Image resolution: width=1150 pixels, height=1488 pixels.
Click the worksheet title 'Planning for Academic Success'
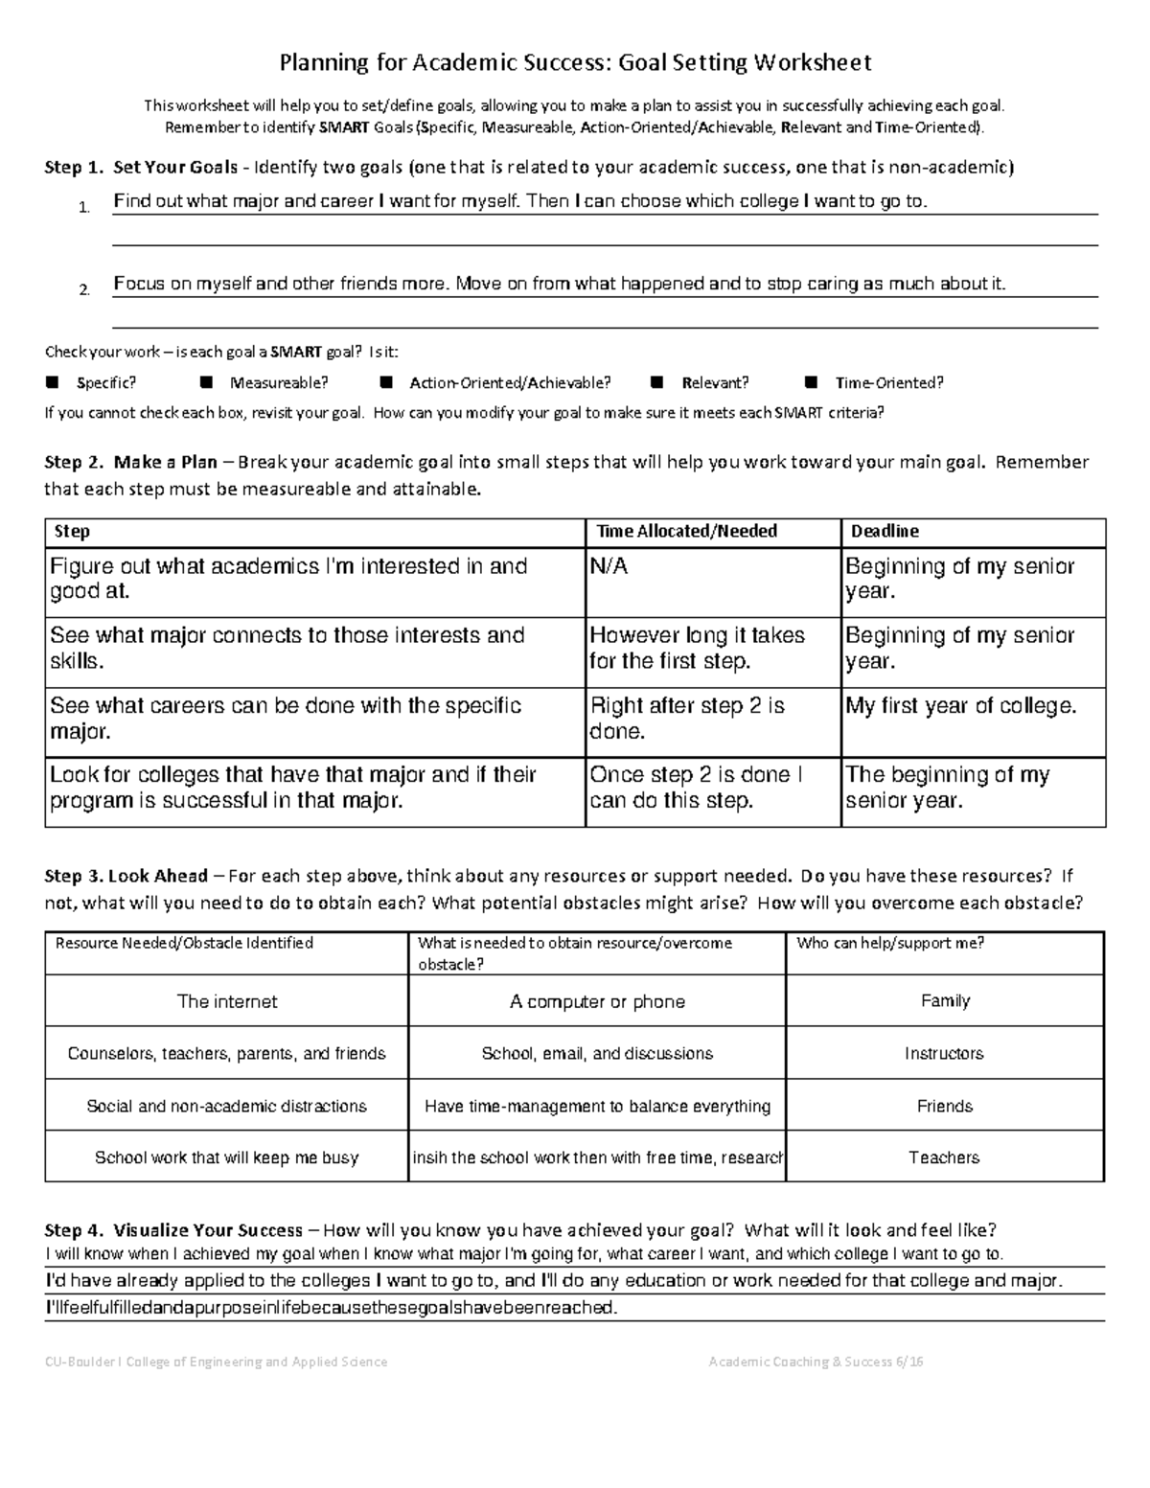click(x=574, y=63)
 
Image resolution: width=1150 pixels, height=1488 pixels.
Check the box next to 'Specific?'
click(x=53, y=383)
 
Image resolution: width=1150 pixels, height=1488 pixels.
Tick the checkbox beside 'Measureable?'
click(x=206, y=383)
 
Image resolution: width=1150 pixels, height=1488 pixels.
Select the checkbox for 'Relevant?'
click(x=656, y=383)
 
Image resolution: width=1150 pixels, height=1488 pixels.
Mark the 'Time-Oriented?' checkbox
click(x=811, y=383)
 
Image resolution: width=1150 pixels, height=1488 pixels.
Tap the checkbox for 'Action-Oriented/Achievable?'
click(x=386, y=383)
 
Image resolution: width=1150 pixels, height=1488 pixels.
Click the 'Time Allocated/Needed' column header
click(x=686, y=532)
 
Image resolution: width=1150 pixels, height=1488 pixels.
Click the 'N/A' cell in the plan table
click(x=609, y=567)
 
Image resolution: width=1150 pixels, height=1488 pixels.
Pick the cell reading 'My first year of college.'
click(x=960, y=707)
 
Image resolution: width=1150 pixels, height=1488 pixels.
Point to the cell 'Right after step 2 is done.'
click(x=686, y=719)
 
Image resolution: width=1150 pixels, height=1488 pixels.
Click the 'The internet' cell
click(x=227, y=1002)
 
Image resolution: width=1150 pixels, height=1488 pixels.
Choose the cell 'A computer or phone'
click(x=597, y=1002)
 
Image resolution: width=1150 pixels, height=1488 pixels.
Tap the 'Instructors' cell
click(x=944, y=1054)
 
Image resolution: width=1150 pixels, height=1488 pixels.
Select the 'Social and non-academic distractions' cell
click(x=226, y=1107)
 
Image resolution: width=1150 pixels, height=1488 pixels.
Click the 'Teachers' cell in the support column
click(x=944, y=1158)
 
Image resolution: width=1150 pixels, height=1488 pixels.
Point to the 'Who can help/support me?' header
click(x=890, y=944)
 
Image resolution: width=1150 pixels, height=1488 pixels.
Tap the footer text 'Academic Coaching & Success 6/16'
click(x=816, y=1362)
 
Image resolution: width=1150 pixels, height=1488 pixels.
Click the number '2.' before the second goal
click(x=84, y=290)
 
